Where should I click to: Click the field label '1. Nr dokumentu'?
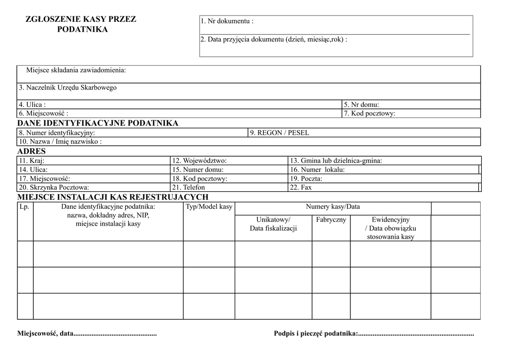227,21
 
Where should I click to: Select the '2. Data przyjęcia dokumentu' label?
273,39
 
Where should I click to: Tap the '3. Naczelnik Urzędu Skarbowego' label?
68,88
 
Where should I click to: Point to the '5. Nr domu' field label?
361,104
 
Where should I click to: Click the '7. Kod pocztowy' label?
369,113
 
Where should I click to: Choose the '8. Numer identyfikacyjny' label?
57,133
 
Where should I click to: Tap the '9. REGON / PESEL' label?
279,133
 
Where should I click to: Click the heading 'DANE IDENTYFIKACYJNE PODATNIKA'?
98,123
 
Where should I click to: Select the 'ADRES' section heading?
31,151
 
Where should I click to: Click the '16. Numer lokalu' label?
317,170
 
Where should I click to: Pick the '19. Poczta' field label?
306,179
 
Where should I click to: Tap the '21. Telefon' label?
188,187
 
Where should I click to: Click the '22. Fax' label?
301,187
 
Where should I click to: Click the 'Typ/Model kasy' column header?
209,206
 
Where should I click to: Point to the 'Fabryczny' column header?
331,219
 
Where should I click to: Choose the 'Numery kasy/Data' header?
333,206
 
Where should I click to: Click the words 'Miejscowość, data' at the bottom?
45,334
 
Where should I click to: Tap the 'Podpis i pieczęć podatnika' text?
315,334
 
